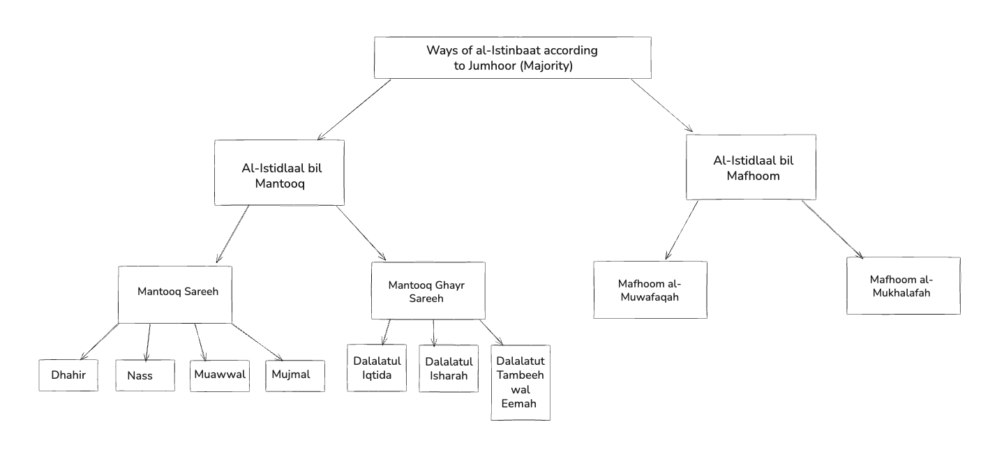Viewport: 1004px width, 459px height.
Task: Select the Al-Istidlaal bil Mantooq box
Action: tap(280, 172)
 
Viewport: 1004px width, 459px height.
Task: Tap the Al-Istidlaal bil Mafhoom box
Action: tap(751, 167)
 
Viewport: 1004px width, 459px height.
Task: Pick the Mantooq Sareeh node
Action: tap(174, 294)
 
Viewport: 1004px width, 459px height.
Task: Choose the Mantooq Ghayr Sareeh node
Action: tap(428, 291)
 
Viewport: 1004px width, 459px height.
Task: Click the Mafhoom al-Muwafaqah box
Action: tap(650, 289)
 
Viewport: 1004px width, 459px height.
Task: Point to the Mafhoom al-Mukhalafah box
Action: tap(903, 285)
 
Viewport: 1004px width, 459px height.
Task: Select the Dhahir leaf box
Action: tap(67, 375)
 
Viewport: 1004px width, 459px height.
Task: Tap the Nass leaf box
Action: tap(145, 376)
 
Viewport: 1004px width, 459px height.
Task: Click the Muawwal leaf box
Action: tap(220, 375)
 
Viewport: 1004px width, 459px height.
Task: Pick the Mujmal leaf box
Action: tap(295, 375)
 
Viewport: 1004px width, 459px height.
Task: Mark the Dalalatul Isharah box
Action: tap(449, 368)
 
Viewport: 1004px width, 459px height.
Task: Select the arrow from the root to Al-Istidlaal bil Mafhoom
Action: tap(661, 105)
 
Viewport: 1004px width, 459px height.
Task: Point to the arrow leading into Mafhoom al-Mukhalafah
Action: tap(833, 229)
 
